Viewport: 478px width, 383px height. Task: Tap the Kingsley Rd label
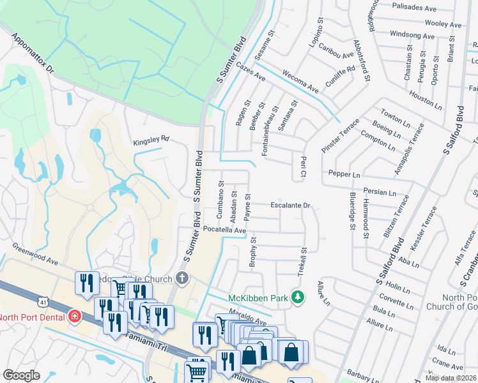[151, 139]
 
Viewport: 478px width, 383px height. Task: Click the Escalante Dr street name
[289, 206]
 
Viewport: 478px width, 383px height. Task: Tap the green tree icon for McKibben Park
[297, 297]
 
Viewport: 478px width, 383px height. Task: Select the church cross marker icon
[182, 278]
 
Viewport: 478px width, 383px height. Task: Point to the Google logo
[21, 375]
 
